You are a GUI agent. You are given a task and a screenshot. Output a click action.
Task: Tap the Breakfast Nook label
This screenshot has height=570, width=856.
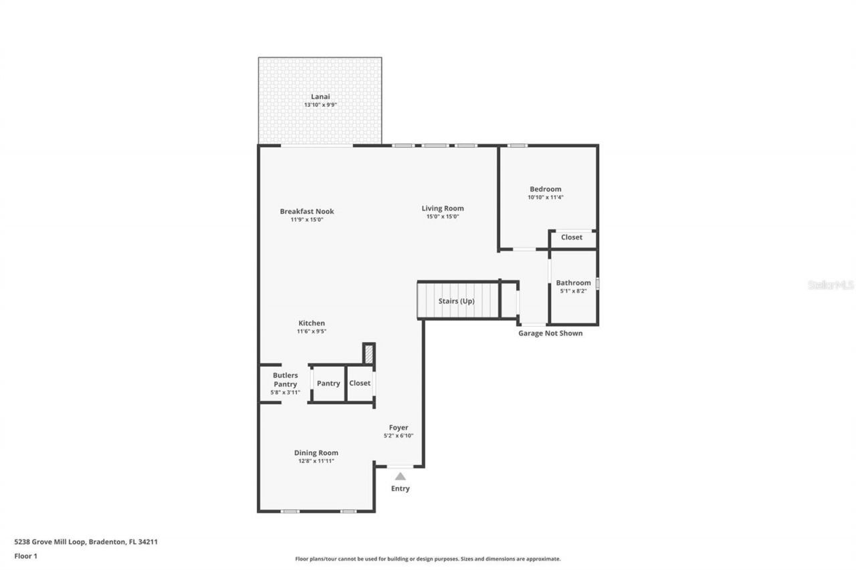(x=306, y=211)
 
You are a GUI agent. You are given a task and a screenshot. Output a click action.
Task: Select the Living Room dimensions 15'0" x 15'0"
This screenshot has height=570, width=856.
(x=442, y=217)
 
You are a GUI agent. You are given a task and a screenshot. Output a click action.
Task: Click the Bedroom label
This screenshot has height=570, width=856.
(x=545, y=189)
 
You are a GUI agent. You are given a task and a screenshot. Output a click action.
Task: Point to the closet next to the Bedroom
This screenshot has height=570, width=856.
(x=571, y=237)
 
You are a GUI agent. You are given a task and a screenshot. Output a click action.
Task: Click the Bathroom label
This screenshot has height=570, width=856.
(x=573, y=283)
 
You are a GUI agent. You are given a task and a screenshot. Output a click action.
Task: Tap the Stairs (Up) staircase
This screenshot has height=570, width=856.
(x=457, y=301)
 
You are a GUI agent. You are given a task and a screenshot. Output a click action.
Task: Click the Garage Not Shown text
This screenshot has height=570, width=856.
(x=550, y=333)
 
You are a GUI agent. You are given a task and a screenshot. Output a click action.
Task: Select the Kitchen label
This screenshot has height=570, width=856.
(x=311, y=323)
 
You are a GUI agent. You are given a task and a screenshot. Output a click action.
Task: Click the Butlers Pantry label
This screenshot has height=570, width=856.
(x=285, y=380)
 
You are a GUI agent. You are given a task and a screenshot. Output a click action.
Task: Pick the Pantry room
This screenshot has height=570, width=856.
(x=328, y=384)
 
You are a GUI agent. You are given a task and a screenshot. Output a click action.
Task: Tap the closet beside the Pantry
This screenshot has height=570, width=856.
(x=359, y=384)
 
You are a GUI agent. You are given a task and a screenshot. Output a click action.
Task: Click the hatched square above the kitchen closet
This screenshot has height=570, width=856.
(x=368, y=353)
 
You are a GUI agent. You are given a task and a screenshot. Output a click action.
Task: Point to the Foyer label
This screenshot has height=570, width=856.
(x=399, y=428)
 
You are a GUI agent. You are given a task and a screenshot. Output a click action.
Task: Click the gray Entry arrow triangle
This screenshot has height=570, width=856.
(x=400, y=476)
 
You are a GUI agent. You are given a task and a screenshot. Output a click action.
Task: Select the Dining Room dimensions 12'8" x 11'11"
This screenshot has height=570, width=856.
(x=316, y=461)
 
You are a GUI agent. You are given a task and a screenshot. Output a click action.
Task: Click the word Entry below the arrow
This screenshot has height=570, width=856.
(x=400, y=488)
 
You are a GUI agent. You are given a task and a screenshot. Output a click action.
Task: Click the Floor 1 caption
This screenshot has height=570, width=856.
(x=25, y=555)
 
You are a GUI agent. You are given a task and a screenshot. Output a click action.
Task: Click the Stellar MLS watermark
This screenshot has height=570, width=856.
(x=831, y=285)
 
